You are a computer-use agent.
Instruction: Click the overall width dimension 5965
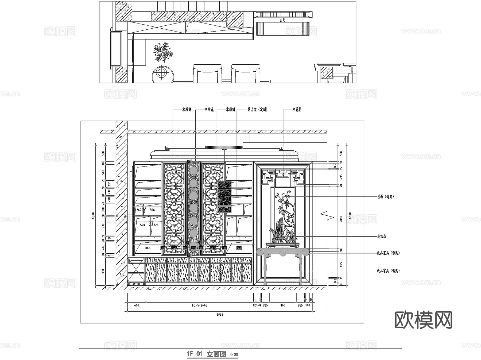[219, 315]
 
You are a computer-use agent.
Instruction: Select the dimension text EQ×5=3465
[199, 305]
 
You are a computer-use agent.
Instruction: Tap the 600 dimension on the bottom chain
[136, 305]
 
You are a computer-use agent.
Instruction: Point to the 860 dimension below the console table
[283, 305]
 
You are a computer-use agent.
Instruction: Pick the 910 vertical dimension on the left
[103, 272]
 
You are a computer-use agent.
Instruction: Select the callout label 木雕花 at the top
[209, 109]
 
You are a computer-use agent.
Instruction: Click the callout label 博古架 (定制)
[257, 109]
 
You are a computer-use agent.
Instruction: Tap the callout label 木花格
[297, 109]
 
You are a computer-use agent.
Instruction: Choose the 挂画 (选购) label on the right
[385, 197]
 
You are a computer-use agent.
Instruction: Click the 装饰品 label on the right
[381, 236]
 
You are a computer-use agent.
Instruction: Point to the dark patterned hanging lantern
[224, 197]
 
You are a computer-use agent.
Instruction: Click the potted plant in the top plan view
[162, 52]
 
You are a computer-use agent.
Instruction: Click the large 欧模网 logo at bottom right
[423, 320]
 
